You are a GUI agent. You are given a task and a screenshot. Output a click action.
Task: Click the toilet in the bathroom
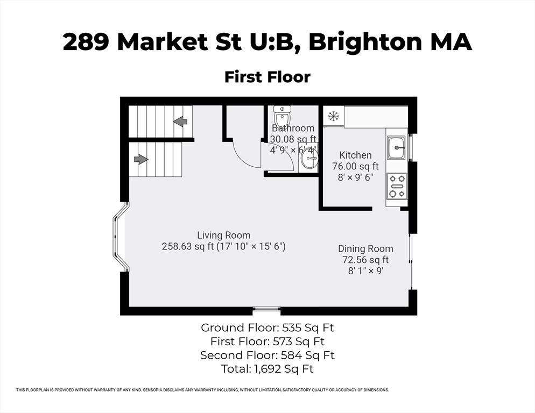point(282,116)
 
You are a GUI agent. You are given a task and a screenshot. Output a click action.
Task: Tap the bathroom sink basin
point(309,158)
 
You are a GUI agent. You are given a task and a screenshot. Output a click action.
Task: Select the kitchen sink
point(396,147)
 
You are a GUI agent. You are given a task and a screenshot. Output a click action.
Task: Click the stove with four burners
point(397,186)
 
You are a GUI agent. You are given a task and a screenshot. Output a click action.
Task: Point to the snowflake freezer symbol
point(333,116)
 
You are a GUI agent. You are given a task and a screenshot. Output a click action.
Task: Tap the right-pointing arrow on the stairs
point(141,159)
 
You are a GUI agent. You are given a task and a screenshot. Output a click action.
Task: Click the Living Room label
point(224,235)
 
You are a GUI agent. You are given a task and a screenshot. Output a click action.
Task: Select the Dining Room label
point(365,248)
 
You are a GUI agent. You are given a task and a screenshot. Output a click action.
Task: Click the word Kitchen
point(355,155)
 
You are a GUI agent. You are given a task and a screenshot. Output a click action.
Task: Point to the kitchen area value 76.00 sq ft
point(355,166)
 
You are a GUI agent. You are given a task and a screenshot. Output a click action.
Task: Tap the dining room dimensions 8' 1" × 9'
point(365,270)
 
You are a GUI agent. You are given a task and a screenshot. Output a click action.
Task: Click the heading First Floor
point(267,77)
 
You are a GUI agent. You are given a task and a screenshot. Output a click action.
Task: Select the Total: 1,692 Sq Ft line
point(267,369)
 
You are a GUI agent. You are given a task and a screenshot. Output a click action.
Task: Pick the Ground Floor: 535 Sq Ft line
point(267,327)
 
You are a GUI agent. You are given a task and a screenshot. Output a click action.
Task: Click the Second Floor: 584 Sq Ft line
point(267,355)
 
